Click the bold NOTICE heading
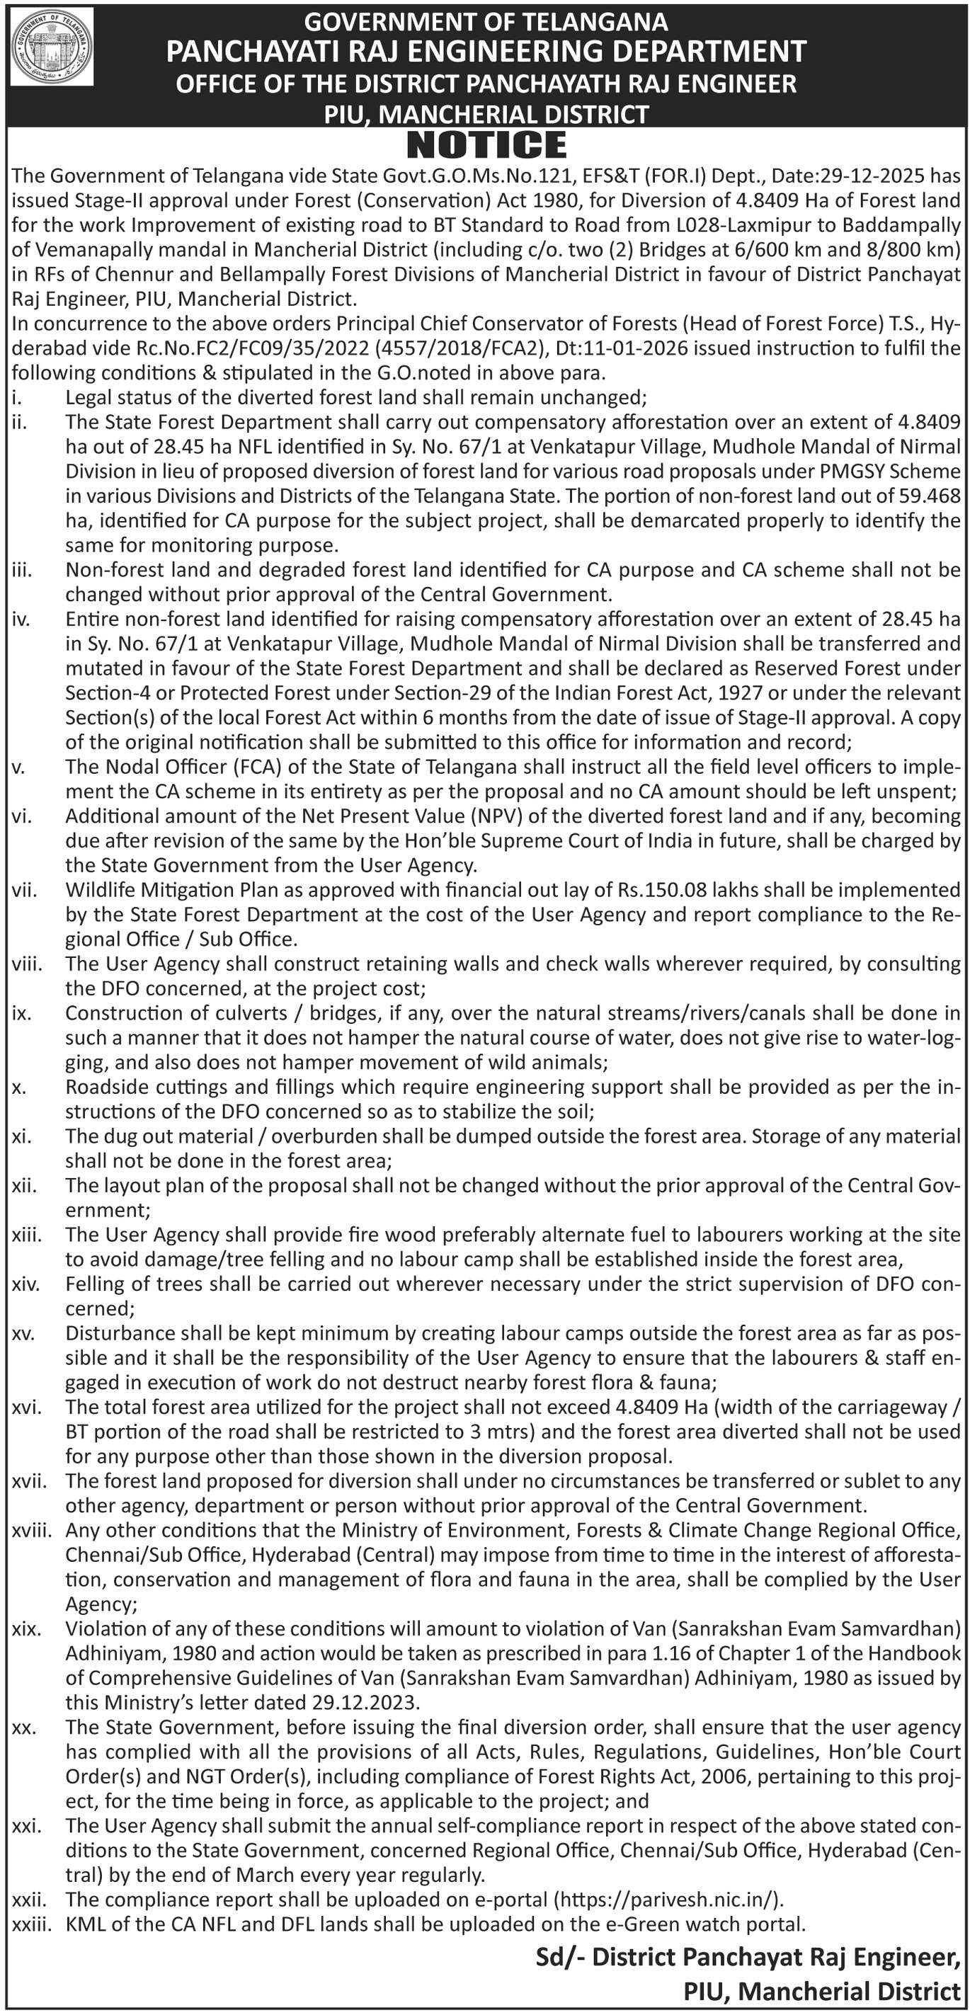(486, 145)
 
